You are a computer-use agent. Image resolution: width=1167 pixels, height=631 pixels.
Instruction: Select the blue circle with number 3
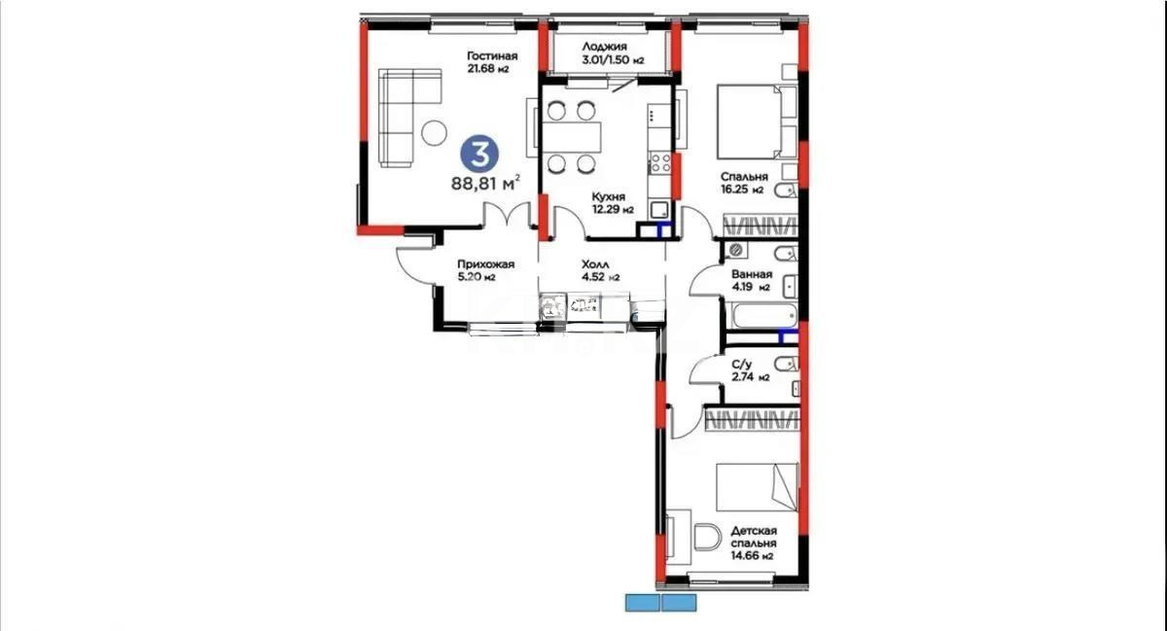click(478, 153)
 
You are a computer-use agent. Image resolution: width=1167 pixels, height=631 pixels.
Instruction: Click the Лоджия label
click(604, 47)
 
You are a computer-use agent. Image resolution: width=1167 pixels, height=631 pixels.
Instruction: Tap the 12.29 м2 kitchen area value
click(613, 209)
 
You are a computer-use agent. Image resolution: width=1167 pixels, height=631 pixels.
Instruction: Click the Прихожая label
click(484, 263)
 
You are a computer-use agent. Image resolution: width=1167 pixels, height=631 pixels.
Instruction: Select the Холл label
click(595, 263)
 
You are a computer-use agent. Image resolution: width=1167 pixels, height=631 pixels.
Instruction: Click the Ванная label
click(751, 273)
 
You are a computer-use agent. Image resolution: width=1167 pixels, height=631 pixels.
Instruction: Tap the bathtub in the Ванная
click(761, 315)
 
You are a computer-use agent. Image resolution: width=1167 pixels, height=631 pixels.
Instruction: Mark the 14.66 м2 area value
click(753, 557)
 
